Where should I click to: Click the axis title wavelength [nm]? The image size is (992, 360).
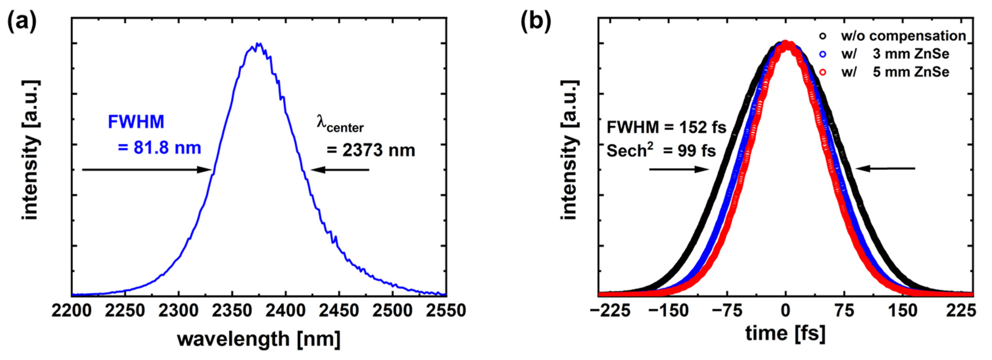(x=259, y=339)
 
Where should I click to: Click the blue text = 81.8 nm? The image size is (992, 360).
(x=160, y=148)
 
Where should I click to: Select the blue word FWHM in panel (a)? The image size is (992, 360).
(x=136, y=122)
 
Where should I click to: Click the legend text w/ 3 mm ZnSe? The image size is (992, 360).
(x=895, y=54)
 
